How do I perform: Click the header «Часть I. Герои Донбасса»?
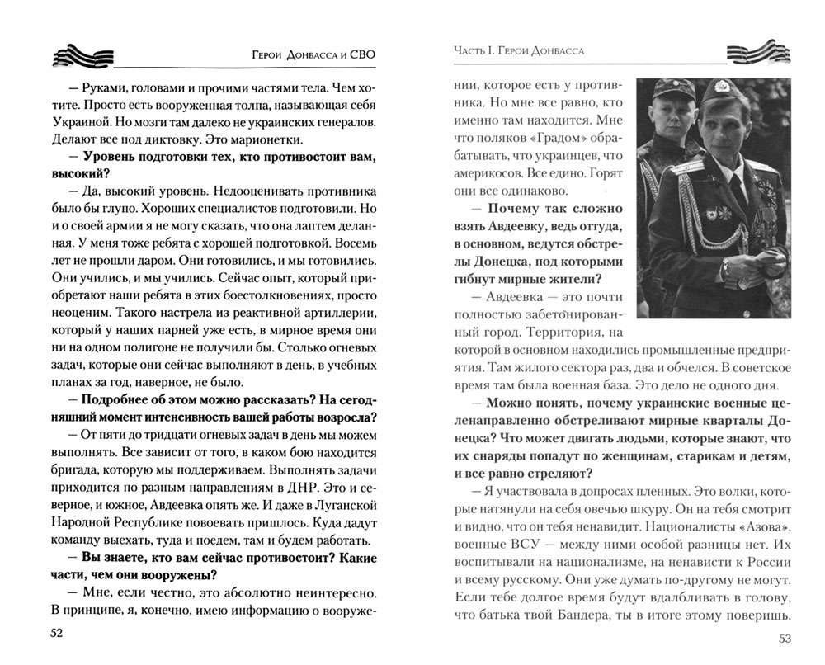[x=519, y=51]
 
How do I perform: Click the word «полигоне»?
[x=171, y=322]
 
